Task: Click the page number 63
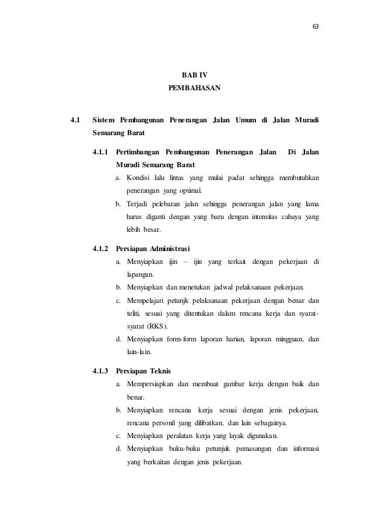(x=316, y=27)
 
